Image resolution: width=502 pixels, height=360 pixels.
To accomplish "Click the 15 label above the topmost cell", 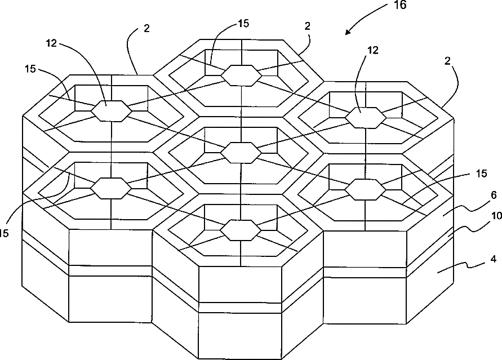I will coord(243,24).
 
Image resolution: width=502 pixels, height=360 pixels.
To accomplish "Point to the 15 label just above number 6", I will coord(480,175).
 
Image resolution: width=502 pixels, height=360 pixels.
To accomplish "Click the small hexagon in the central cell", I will coord(241,152).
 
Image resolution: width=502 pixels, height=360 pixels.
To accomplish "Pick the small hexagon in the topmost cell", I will coord(241,75).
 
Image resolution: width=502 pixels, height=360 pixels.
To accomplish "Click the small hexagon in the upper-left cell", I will coord(111,110).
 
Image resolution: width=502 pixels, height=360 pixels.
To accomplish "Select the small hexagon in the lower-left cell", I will coord(111,188).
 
